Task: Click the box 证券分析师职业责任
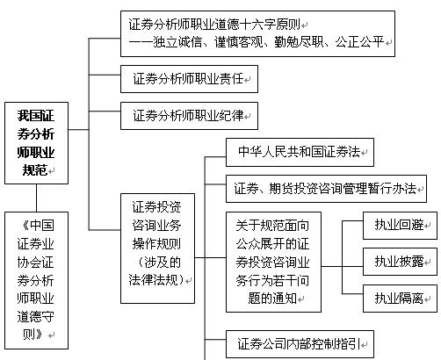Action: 189,79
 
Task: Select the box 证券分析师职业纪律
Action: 189,116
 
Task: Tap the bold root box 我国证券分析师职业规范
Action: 36,143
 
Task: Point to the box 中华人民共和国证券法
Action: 300,152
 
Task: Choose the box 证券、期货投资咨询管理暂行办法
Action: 326,189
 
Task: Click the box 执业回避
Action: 400,226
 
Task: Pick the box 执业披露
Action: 400,262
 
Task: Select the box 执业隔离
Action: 400,299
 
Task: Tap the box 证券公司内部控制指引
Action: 300,344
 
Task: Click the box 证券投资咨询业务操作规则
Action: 157,248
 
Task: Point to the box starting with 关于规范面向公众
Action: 273,262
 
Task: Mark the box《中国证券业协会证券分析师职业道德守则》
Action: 36,280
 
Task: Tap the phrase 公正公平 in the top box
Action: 359,42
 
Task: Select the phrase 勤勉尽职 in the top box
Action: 299,42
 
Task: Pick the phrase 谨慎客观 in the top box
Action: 238,42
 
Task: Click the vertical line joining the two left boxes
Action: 36,198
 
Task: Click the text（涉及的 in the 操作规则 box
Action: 158,263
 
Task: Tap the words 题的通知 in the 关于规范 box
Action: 272,299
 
